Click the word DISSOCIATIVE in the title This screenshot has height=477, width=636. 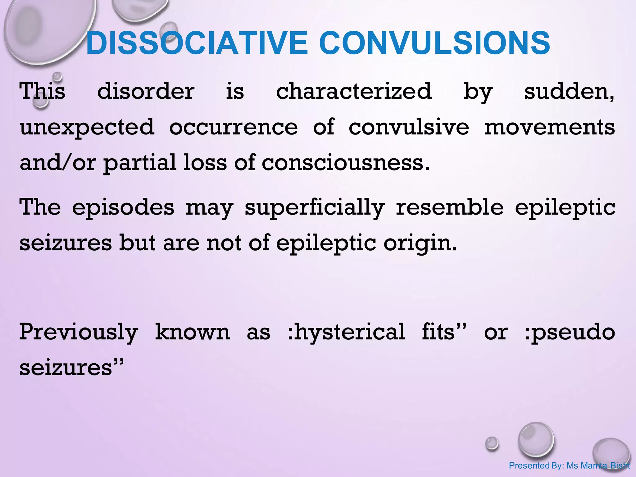click(197, 43)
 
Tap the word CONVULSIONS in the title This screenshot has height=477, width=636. click(434, 43)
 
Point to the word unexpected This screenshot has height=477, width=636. click(87, 127)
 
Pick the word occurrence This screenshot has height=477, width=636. click(234, 127)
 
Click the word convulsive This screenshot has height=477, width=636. click(409, 127)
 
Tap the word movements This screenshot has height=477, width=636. click(549, 127)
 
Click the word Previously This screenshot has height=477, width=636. click(79, 332)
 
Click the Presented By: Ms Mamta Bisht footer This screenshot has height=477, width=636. click(569, 466)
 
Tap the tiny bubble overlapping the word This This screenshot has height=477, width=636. click(41, 102)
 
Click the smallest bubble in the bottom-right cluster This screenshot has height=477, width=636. click(492, 443)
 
